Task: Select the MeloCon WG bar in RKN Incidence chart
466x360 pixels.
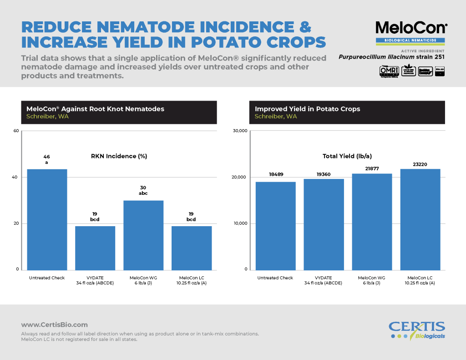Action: tap(143, 235)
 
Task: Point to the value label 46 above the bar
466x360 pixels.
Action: tap(47, 157)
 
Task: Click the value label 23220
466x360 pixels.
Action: tap(420, 164)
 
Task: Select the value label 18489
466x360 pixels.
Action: tap(275, 174)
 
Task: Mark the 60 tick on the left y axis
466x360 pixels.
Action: tap(16, 131)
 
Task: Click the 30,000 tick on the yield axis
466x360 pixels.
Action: tap(239, 131)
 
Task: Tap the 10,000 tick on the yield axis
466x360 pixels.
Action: tap(239, 223)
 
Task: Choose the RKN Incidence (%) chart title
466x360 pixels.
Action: tap(119, 156)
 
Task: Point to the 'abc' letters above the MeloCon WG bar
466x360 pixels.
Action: tap(143, 193)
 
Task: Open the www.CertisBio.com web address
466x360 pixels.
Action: tap(54, 325)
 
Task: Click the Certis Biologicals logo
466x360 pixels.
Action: tap(417, 330)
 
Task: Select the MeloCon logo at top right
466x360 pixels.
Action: tap(411, 28)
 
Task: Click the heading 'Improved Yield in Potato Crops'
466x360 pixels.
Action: tap(307, 109)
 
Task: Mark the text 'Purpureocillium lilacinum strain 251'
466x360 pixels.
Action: tap(391, 57)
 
